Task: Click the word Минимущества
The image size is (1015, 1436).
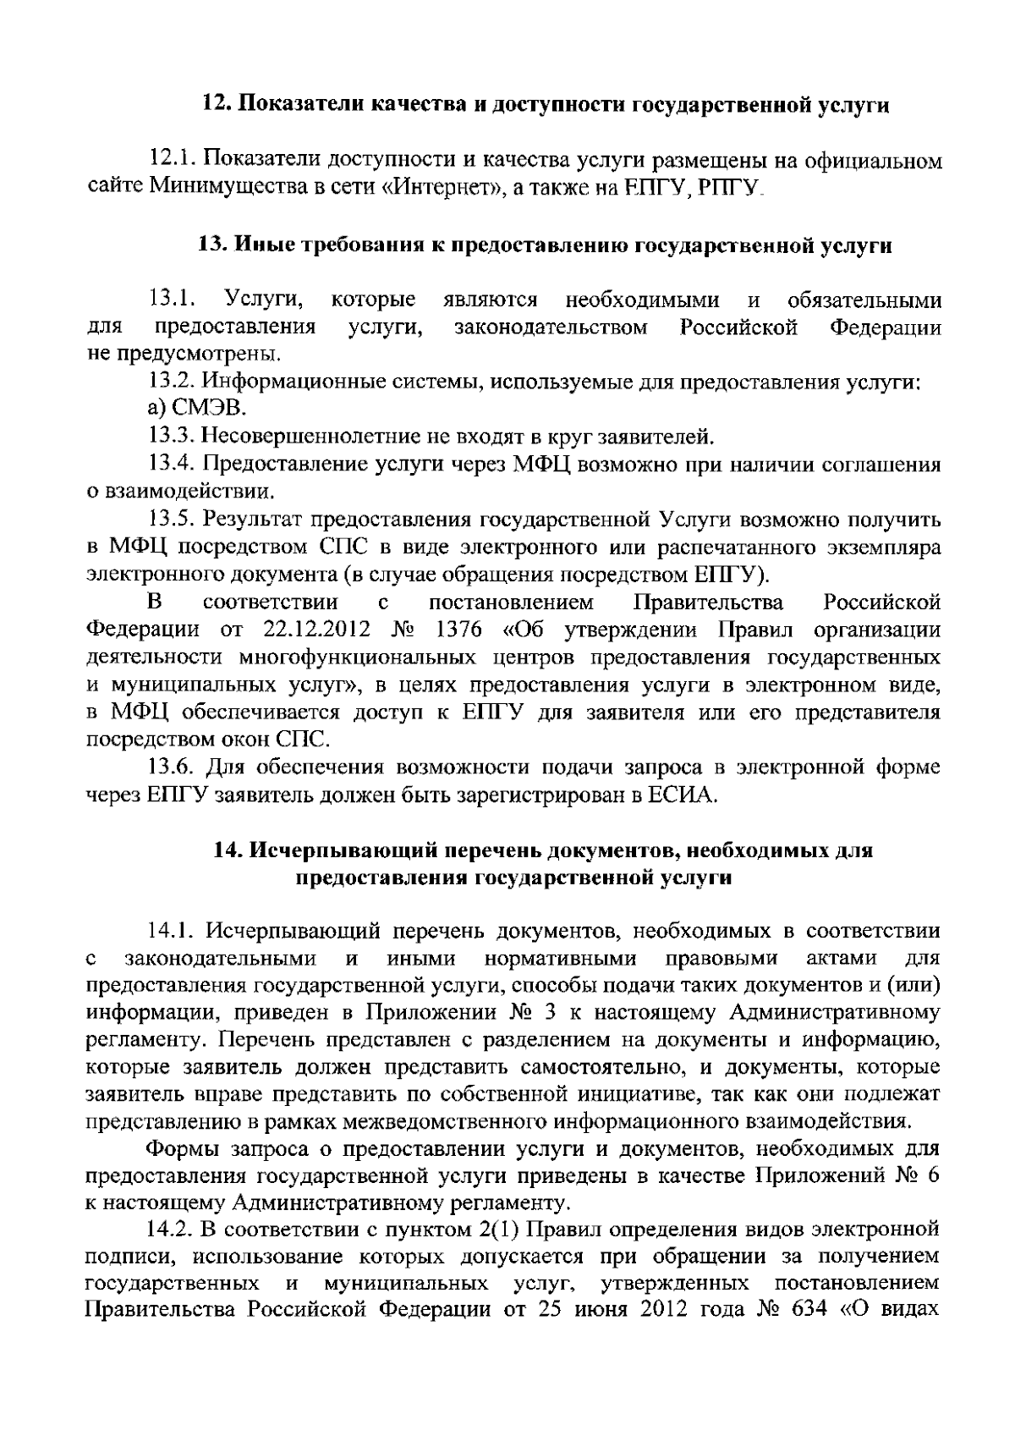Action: pyautogui.click(x=221, y=187)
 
